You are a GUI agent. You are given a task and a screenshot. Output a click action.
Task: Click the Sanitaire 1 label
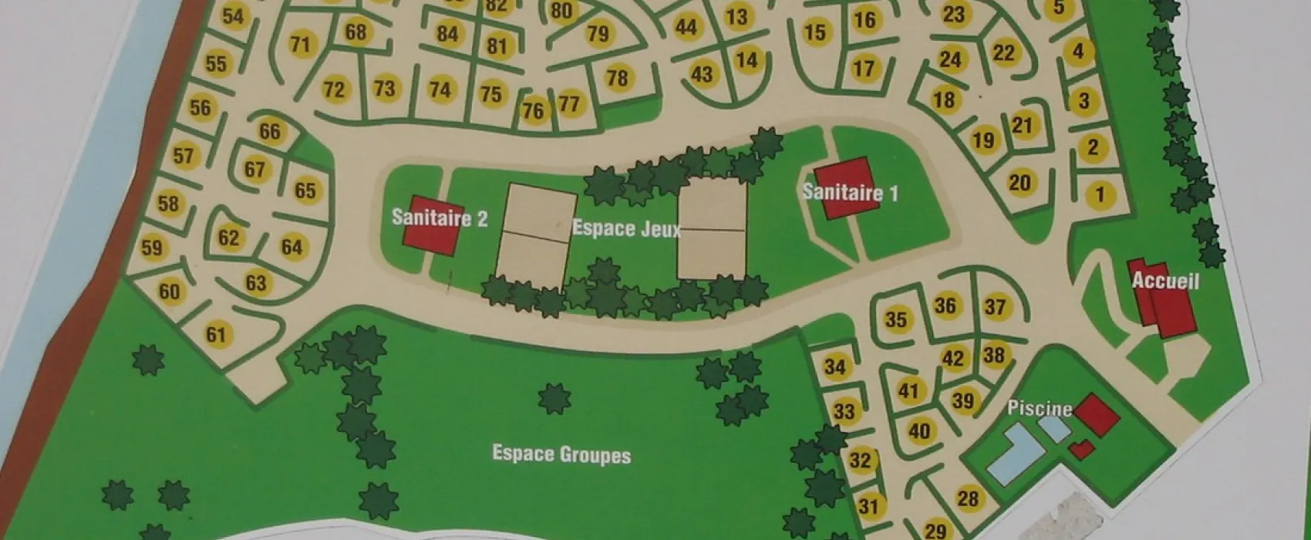tap(850, 191)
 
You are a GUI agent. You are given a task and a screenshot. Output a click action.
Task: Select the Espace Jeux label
tap(626, 229)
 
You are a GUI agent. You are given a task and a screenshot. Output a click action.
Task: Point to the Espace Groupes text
tap(561, 454)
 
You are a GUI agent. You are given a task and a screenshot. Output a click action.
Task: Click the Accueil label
tap(1165, 282)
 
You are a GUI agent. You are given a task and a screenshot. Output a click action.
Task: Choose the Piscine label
tap(1040, 408)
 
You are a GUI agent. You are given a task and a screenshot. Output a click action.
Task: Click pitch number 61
tap(217, 334)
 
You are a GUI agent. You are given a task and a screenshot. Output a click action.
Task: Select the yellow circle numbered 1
tap(1100, 194)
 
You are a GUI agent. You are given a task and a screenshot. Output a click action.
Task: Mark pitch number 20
tap(1019, 183)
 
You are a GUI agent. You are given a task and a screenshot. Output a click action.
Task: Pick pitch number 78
tap(617, 78)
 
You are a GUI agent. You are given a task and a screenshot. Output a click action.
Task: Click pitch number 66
tap(269, 131)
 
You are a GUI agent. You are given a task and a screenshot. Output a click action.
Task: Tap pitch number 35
tap(895, 319)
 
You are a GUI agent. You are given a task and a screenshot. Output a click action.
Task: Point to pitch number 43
tap(702, 74)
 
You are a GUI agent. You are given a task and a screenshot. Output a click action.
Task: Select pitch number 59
tap(152, 248)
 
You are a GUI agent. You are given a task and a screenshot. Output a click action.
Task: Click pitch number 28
tap(967, 498)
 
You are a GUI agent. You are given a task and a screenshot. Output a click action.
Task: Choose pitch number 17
tap(864, 69)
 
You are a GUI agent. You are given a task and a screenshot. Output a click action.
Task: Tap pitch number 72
tap(333, 89)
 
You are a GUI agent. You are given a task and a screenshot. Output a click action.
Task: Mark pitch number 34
tap(835, 366)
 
